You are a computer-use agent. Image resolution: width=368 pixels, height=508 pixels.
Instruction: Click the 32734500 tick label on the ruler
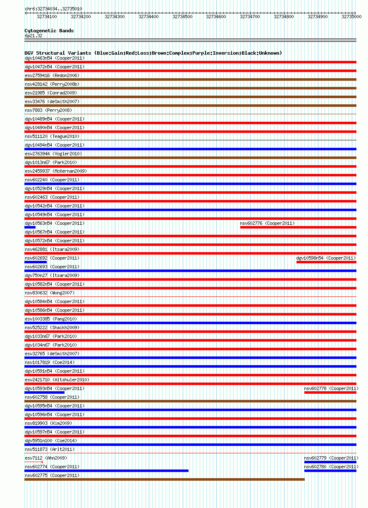point(182,17)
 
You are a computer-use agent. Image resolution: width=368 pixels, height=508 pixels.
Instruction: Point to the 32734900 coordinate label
point(318,17)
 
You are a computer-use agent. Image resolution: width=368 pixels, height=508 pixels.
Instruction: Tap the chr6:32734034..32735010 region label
point(53,9)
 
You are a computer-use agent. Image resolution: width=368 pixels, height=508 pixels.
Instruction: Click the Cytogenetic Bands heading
point(49,31)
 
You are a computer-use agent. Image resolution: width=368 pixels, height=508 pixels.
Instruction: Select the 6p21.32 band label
point(33,36)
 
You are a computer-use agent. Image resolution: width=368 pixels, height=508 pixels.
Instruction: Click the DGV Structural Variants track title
point(153,53)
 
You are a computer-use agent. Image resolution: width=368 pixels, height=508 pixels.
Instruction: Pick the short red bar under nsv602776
point(298,227)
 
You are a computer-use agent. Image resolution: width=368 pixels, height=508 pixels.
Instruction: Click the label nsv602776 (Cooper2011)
point(267,223)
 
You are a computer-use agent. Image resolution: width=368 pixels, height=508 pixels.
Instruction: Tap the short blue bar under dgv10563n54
point(30,227)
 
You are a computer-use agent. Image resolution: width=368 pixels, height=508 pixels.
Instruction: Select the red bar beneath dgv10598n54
point(326,262)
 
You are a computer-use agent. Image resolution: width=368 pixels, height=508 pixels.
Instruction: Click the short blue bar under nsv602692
point(36,262)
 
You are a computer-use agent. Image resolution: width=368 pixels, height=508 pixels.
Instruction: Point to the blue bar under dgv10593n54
point(44,392)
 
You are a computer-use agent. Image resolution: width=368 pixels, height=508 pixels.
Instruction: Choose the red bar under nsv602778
point(330,392)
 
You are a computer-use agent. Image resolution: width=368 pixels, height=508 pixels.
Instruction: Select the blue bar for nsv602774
point(106,471)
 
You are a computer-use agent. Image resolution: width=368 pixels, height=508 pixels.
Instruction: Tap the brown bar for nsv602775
point(164,479)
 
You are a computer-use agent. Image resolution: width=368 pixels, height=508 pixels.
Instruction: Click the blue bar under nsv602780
point(330,471)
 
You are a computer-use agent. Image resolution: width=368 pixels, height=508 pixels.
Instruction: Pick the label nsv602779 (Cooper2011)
point(331,458)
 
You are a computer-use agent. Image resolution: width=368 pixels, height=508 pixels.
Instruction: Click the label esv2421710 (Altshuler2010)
point(57,380)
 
